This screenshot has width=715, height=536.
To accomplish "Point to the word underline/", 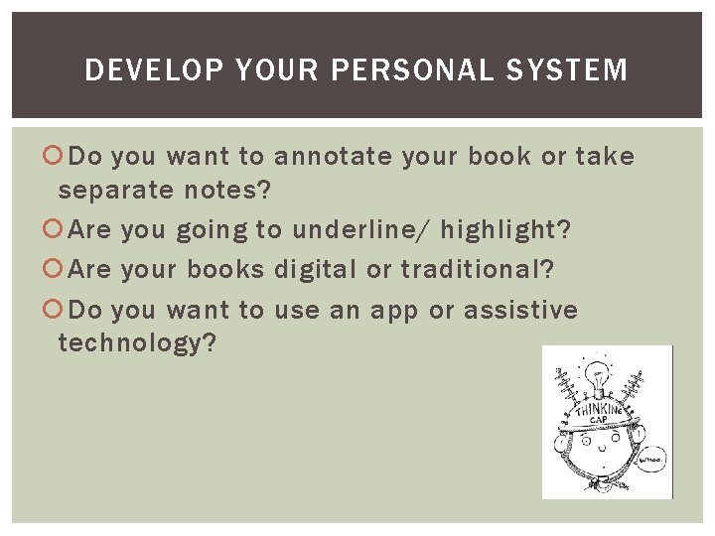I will (361, 231).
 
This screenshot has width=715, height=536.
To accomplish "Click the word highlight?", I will (506, 231).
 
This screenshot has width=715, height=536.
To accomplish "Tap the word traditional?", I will (478, 270).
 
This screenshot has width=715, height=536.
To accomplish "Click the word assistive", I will (520, 311).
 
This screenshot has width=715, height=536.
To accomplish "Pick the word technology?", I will (137, 344).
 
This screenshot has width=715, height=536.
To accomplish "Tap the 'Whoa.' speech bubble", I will (652, 460).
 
